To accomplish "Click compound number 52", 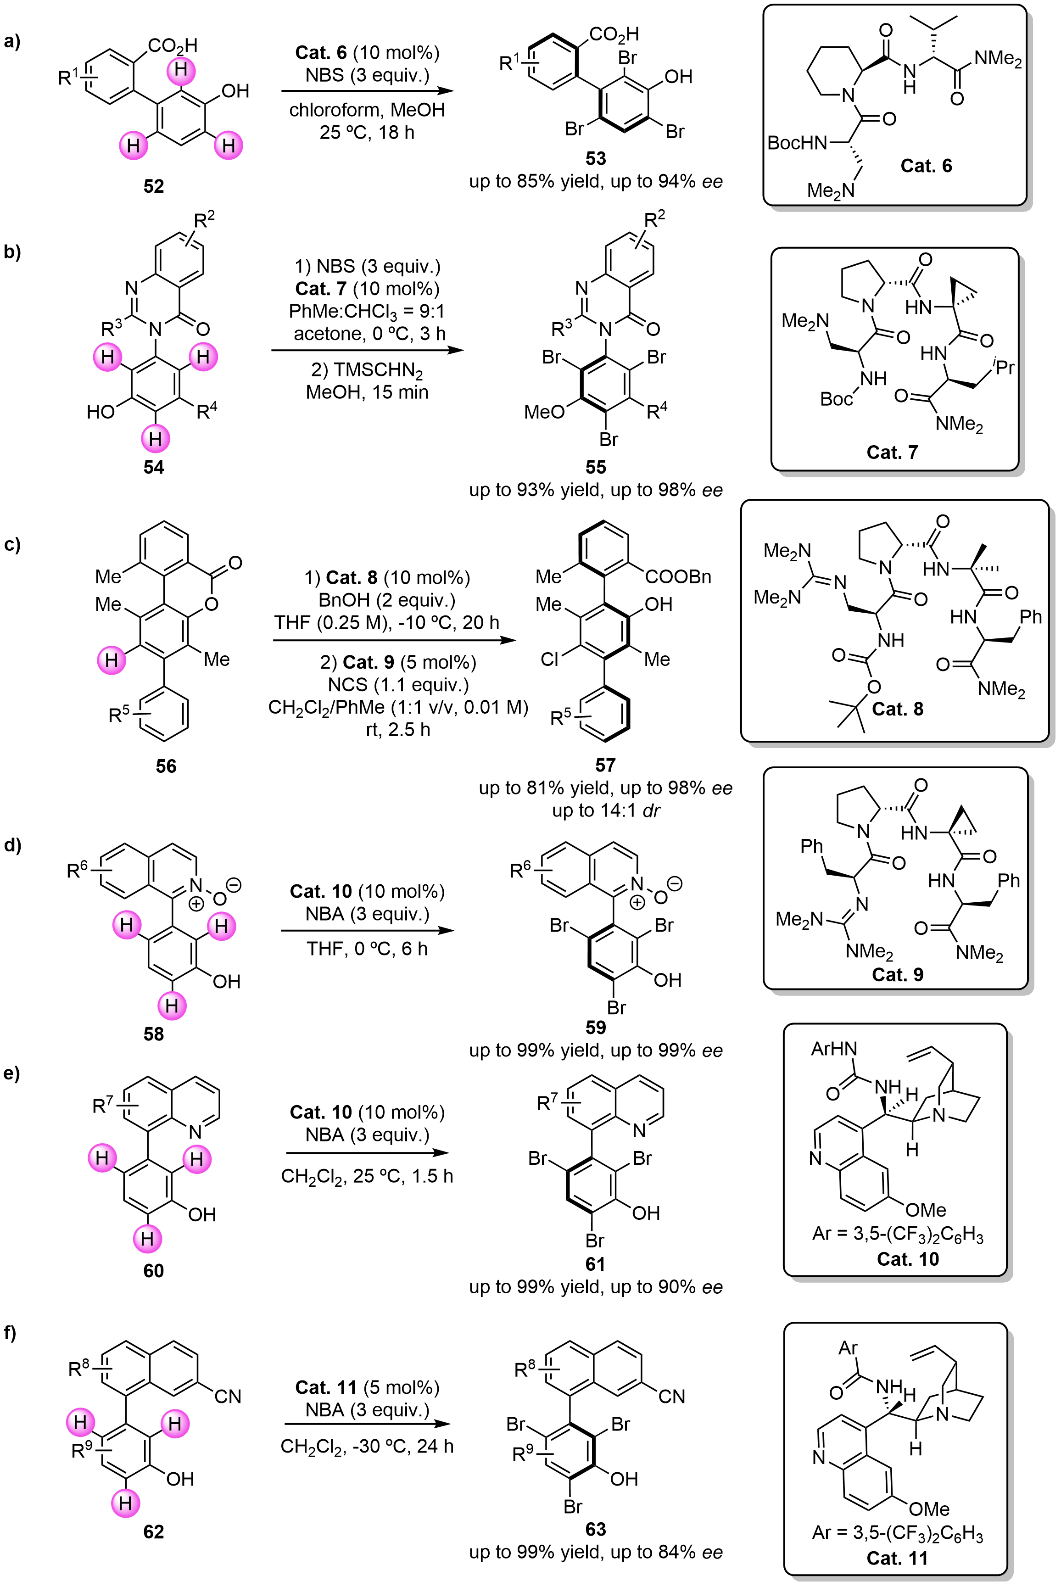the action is tap(154, 186).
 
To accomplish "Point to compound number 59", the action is tap(596, 1027).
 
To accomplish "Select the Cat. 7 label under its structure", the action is tap(892, 452).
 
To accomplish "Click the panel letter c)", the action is tap(12, 544).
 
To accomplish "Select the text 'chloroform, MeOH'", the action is tap(367, 110).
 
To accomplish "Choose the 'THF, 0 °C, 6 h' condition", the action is tap(367, 949).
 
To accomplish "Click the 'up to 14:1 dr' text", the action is tap(606, 810).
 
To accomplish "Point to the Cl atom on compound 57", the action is tap(549, 659).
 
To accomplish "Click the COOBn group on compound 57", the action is tap(678, 576).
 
